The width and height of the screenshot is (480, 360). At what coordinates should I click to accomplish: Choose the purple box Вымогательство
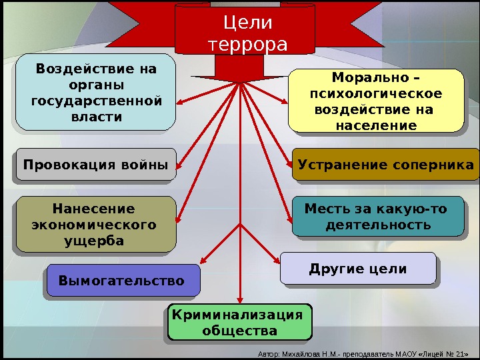click(x=123, y=281)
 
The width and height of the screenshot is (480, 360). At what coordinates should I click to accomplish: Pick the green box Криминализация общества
click(x=239, y=323)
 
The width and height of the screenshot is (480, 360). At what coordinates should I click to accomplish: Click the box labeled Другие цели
click(x=358, y=269)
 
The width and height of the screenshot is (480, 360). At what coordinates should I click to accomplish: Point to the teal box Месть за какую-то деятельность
click(x=377, y=217)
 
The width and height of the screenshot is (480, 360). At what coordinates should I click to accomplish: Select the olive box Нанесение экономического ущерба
click(x=95, y=225)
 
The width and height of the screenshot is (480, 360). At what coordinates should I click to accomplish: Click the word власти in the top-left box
click(x=96, y=117)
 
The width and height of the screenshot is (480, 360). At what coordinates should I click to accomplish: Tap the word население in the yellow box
click(x=376, y=125)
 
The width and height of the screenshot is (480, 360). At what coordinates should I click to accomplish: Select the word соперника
click(x=433, y=165)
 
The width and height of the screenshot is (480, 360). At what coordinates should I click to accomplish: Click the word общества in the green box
click(x=239, y=331)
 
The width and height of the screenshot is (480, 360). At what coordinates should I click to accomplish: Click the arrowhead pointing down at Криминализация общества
click(x=239, y=299)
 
